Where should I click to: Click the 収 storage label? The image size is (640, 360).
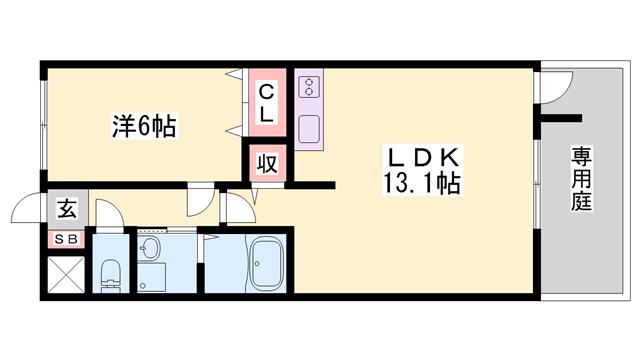(x=267, y=163)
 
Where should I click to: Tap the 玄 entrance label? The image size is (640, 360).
(x=66, y=209)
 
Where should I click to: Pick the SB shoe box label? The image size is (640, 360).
(x=66, y=239)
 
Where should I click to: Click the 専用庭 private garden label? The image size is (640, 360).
(x=581, y=179)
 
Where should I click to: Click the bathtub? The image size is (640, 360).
(x=267, y=265)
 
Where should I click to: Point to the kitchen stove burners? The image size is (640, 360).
(x=307, y=87)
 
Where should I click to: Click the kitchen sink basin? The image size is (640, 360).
(x=308, y=128)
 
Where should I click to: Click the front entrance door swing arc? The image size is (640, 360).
(x=27, y=209)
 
